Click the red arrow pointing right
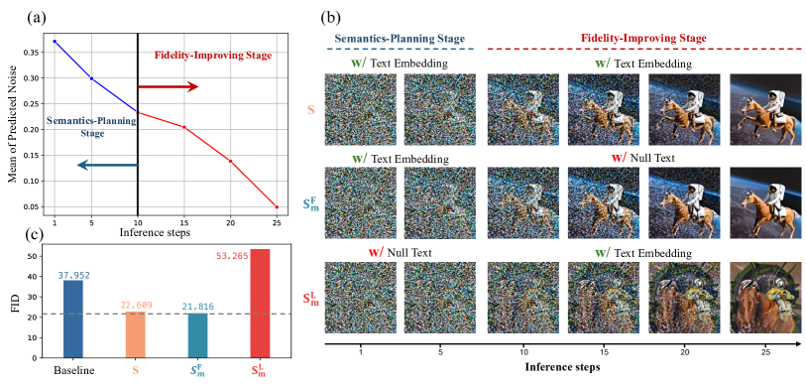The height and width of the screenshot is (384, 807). pos(168,87)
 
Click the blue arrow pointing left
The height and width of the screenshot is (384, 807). pos(107,165)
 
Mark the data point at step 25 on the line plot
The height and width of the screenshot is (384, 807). pos(277,206)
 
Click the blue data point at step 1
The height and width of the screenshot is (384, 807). pos(55,42)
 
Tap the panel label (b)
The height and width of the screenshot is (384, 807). pos(330,17)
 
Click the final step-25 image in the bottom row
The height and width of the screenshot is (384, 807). pos(765,296)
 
